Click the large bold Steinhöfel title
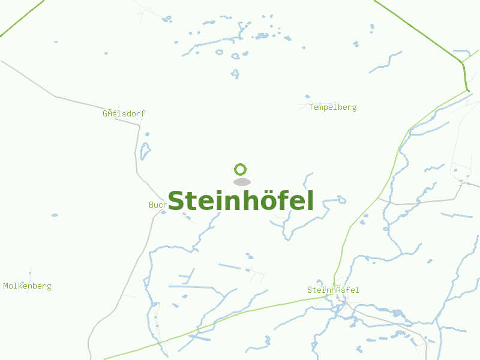pos(241,201)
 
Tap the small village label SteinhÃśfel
pos(333,290)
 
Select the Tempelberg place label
pos(332,107)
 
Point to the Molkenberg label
pos(27,286)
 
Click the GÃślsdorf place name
pos(124,113)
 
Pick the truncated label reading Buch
pos(157,205)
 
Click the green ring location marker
pos(241,169)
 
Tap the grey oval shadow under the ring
pos(241,182)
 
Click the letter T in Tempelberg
pos(311,107)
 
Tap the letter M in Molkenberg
pos(6,286)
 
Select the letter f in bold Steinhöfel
pos(283,200)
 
